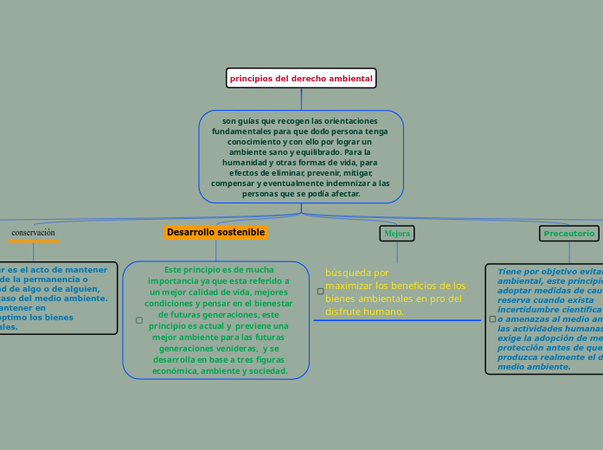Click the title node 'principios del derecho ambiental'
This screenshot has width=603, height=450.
pos(301,78)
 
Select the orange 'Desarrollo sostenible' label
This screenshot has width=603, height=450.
pos(215,232)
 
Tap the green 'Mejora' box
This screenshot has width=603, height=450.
pos(397,234)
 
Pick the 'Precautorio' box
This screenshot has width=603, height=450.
pos(568,234)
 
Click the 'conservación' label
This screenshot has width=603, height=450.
pos(33,233)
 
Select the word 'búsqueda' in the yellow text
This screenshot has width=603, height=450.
pos(344,273)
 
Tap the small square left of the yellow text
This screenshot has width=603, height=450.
pos(320,292)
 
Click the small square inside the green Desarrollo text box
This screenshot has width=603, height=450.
pos(139,320)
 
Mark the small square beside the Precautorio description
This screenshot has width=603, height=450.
pos(492,319)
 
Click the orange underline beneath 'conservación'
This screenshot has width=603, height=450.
pos(33,241)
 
